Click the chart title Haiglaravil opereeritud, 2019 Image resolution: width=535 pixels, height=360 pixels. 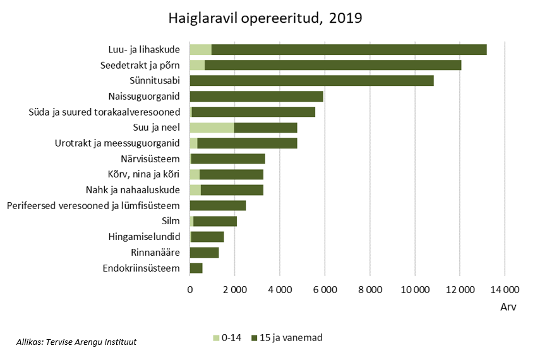click(x=265, y=18)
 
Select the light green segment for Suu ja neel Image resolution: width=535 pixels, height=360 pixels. click(x=212, y=128)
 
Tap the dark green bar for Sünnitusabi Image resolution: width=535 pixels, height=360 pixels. click(x=311, y=80)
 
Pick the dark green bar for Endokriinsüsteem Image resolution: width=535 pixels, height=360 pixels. click(x=196, y=268)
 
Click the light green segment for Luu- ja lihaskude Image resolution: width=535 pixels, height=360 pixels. click(x=200, y=49)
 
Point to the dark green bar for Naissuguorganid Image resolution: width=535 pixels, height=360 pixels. click(x=256, y=96)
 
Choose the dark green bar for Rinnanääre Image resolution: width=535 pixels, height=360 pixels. click(x=205, y=253)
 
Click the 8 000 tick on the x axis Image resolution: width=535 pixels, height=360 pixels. click(x=370, y=290)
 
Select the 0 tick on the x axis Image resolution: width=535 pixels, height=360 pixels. click(x=189, y=290)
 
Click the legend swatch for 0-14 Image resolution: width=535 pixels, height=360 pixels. click(x=216, y=338)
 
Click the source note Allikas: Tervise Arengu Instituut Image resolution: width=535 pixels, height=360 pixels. click(x=76, y=342)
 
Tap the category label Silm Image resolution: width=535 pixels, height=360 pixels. click(x=171, y=221)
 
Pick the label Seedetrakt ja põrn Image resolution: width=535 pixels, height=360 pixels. click(x=140, y=65)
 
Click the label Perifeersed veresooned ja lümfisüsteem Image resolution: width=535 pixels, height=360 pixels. click(x=93, y=205)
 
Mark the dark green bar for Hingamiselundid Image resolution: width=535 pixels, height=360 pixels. click(x=207, y=237)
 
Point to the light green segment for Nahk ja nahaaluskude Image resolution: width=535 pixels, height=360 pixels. click(x=195, y=190)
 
